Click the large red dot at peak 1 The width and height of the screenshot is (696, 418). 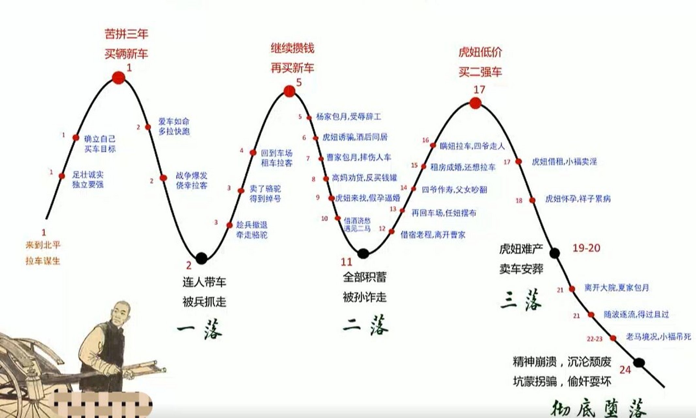click(118, 78)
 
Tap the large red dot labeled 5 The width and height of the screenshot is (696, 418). click(289, 91)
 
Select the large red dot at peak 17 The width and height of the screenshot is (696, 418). click(475, 104)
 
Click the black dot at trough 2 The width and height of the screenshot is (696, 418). click(201, 258)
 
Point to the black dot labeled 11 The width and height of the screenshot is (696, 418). click(363, 253)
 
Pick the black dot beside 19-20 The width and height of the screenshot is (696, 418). click(555, 252)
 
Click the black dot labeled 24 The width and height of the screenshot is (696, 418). click(639, 362)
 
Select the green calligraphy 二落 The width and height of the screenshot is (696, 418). click(365, 325)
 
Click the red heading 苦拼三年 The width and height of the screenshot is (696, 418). click(126, 34)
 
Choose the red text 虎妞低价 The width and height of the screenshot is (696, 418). click(480, 52)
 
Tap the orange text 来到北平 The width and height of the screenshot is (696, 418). click(43, 245)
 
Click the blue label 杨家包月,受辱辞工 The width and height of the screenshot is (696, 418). click(348, 117)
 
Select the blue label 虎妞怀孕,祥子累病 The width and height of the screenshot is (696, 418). click(578, 199)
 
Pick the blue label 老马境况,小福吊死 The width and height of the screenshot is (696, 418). click(658, 337)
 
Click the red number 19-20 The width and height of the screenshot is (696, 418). click(586, 248)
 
